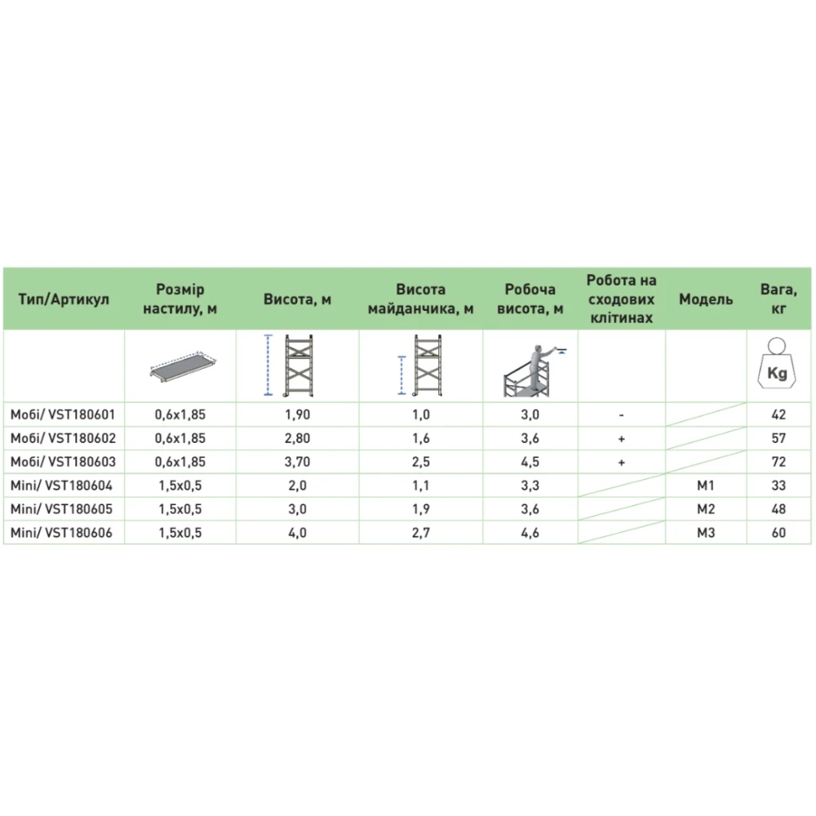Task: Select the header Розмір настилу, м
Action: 180,299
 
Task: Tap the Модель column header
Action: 706,299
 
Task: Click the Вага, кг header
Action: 778,299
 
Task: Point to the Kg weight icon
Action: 778,368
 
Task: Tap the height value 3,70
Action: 297,462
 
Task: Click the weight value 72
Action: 778,462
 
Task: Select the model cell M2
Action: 706,509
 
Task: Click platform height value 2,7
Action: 421,533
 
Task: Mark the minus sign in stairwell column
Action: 622,415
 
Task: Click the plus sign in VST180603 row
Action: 622,462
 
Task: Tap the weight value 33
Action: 778,486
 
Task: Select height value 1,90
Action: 297,415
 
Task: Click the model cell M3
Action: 706,533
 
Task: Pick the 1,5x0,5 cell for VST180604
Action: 180,486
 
